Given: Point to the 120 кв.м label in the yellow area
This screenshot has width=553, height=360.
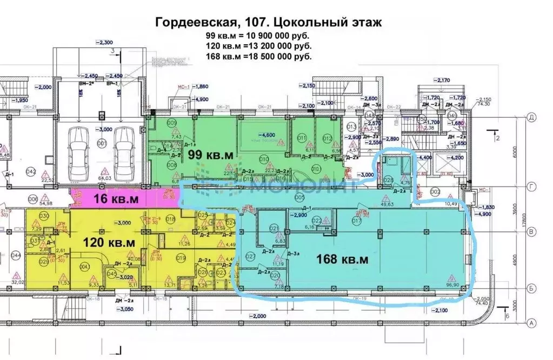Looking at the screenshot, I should pyautogui.click(x=109, y=243).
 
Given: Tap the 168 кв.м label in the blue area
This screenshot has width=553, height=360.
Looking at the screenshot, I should pyautogui.click(x=343, y=259).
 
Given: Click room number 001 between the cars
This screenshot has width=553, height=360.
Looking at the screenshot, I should pyautogui.click(x=101, y=144).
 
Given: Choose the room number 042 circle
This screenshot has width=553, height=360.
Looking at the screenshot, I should pyautogui.click(x=30, y=171).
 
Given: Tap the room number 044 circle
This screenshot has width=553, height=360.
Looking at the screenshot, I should pyautogui.click(x=16, y=255).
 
